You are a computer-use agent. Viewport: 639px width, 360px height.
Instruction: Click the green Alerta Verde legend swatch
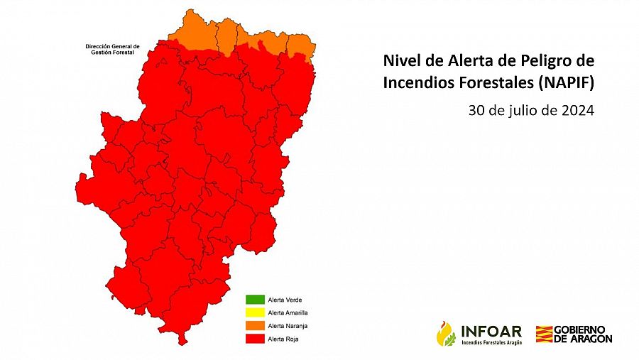[254, 299]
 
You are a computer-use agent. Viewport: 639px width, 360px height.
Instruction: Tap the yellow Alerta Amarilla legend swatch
[254, 312]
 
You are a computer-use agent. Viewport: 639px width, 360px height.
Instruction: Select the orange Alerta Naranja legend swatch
[254, 325]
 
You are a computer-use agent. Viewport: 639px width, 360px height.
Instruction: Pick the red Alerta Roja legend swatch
[254, 339]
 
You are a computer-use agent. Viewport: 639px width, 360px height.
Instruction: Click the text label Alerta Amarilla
[288, 312]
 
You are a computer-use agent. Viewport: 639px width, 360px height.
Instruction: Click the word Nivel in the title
[399, 60]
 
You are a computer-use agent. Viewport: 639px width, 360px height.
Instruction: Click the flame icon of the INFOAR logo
[446, 333]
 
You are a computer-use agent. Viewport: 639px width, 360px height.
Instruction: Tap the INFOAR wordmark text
[491, 330]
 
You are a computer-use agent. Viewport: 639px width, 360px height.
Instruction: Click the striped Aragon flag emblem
[544, 334]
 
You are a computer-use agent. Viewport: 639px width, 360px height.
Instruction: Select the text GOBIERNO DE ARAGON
[583, 334]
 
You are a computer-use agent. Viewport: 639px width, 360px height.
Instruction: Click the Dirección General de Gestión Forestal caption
[112, 49]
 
